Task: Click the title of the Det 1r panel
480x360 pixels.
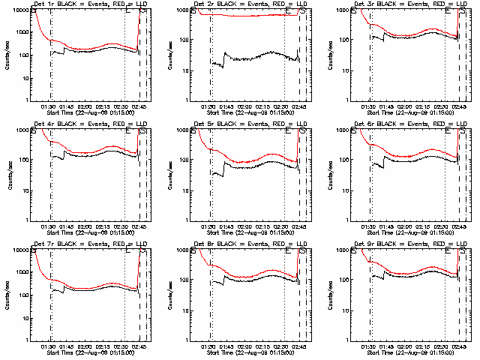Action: [x=88, y=5]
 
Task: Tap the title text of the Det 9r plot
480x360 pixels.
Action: [x=409, y=244]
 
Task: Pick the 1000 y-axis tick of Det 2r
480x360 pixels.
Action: [x=183, y=10]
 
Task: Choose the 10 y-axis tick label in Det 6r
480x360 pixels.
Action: [x=347, y=190]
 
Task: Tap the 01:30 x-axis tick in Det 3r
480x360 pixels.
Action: [x=370, y=106]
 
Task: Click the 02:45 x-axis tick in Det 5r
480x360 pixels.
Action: [x=299, y=226]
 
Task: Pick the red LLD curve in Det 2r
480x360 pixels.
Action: [x=247, y=15]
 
